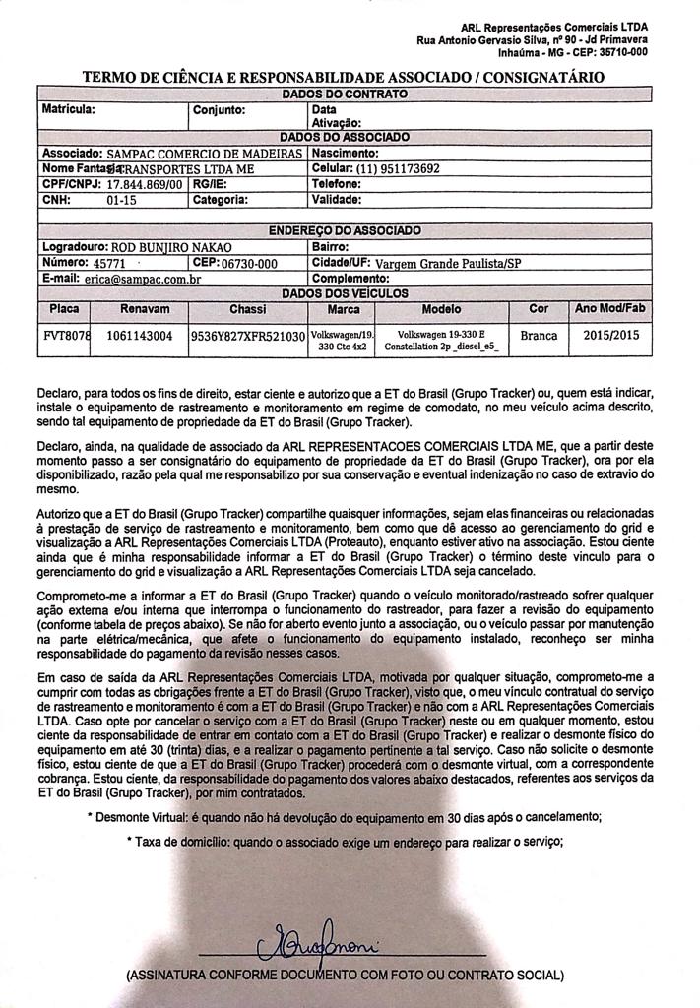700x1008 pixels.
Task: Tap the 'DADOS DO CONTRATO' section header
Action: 345,93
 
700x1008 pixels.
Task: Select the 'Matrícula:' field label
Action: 68,108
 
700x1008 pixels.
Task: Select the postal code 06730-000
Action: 251,264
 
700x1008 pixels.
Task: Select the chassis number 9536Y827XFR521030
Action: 247,336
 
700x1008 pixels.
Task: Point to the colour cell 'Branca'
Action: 539,336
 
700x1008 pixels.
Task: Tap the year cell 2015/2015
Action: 610,336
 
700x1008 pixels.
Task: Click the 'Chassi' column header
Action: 247,309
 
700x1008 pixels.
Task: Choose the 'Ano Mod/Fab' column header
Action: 610,309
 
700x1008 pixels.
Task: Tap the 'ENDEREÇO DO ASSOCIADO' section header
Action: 345,230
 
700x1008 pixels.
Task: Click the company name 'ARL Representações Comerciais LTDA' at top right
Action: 554,27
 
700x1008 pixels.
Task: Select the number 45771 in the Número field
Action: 109,264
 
